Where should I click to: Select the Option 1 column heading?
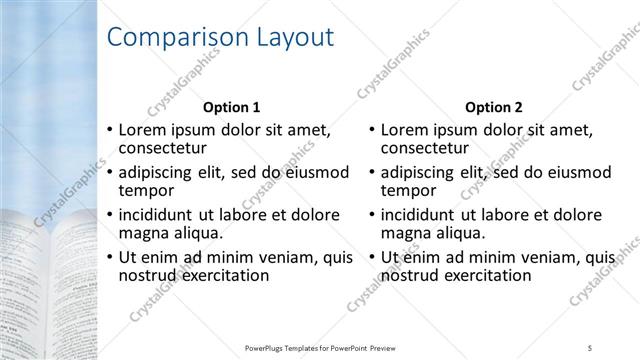(x=231, y=107)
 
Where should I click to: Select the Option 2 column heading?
(x=494, y=107)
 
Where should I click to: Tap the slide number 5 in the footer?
(x=591, y=347)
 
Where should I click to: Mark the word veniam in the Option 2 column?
(x=527, y=257)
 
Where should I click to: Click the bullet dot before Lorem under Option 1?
(x=110, y=130)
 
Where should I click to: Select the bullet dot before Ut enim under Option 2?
(x=373, y=257)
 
